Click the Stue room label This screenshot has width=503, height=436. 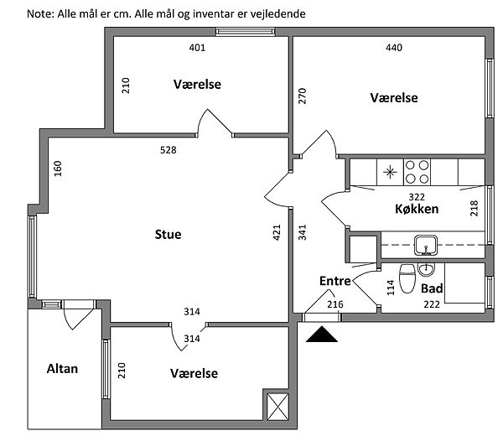[x=168, y=235]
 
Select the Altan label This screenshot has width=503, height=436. [x=62, y=368]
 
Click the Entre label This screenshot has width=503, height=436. [x=334, y=281]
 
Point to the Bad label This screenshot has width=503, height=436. [x=432, y=288]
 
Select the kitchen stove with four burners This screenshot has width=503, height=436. [x=417, y=172]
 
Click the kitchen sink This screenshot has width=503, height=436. [x=425, y=246]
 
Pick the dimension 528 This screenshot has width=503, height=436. [x=169, y=151]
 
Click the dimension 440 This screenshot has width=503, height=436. [x=394, y=48]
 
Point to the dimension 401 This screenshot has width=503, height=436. [x=197, y=48]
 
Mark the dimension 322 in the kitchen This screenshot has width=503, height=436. [x=404, y=195]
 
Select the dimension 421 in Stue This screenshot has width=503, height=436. [x=277, y=232]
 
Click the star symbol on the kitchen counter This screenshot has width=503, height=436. [x=389, y=173]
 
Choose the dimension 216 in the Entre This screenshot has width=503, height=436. [x=335, y=304]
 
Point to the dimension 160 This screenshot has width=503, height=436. [x=58, y=168]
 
